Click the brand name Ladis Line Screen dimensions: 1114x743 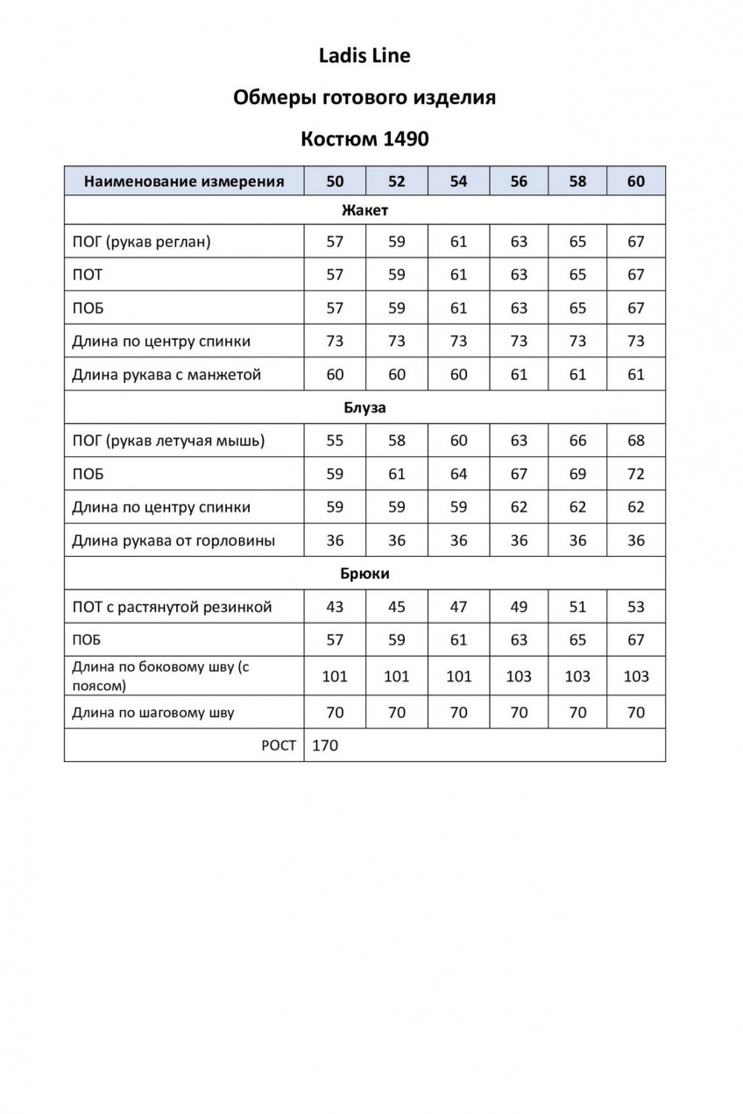[364, 56]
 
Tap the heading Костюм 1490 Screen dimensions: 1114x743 [364, 139]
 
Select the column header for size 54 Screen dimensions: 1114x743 [458, 181]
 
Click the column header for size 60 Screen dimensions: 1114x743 [636, 181]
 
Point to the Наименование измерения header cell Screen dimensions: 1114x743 [184, 181]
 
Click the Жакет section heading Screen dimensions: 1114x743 [364, 210]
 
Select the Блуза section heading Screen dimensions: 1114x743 [364, 408]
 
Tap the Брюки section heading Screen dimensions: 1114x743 [364, 574]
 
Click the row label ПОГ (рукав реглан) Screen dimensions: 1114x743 [141, 242]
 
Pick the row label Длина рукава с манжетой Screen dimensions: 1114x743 [166, 375]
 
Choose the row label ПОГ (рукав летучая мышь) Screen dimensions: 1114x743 [168, 441]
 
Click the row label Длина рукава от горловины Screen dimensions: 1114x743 [173, 540]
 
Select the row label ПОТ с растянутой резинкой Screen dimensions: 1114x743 [172, 607]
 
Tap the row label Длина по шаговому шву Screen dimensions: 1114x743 [153, 713]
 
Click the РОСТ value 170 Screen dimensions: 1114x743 [324, 746]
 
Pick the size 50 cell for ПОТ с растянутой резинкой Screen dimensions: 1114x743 [335, 607]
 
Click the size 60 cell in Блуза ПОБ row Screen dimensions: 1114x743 [636, 474]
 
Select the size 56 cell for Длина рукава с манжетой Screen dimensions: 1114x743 [519, 375]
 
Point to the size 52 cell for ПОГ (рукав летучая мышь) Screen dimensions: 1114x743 [397, 441]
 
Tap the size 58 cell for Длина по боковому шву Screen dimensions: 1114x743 [577, 676]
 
